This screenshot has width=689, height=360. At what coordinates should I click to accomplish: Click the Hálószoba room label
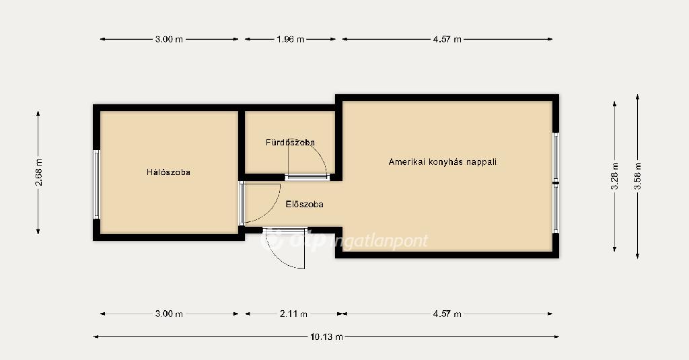click(x=168, y=172)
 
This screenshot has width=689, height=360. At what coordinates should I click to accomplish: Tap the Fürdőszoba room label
click(x=290, y=143)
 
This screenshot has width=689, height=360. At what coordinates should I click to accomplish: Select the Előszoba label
click(x=305, y=205)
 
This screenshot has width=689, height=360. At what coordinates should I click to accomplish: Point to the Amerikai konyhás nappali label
click(x=443, y=161)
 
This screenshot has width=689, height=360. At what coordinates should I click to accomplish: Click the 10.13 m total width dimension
click(x=326, y=337)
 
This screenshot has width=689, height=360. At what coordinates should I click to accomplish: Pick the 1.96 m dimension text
click(x=291, y=39)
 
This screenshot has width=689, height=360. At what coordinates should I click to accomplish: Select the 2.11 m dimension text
click(x=293, y=314)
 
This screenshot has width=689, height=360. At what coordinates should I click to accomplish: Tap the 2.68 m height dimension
click(x=38, y=172)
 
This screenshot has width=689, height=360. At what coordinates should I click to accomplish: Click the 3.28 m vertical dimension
click(x=615, y=176)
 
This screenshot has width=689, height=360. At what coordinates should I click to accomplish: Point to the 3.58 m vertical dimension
click(x=638, y=176)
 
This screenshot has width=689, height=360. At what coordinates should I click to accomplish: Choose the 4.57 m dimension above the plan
click(x=447, y=39)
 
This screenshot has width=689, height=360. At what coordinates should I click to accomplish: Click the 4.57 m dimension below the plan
click(x=447, y=314)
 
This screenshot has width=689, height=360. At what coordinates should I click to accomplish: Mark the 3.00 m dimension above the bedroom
click(x=169, y=39)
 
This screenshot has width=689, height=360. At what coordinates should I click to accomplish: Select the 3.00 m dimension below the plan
click(x=169, y=314)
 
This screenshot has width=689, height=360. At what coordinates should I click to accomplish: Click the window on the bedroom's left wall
click(x=96, y=184)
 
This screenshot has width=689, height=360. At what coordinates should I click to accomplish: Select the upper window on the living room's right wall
click(x=556, y=157)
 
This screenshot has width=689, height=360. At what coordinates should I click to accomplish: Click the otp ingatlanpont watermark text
click(x=345, y=240)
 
